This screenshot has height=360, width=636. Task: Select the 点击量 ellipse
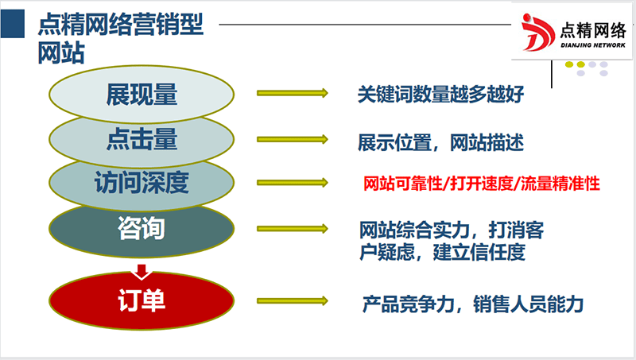pos(142,140)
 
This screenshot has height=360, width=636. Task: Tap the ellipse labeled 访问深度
pos(142,184)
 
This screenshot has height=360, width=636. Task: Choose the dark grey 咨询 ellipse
pos(142,229)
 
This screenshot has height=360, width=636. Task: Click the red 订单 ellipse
pos(142,301)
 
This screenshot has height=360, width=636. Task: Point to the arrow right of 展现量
pos(292,94)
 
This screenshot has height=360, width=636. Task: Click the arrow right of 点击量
pos(292,140)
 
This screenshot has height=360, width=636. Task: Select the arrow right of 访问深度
pos(292,184)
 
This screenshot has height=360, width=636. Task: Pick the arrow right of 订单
pos(292,301)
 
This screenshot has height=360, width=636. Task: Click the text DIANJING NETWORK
pos(595,45)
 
